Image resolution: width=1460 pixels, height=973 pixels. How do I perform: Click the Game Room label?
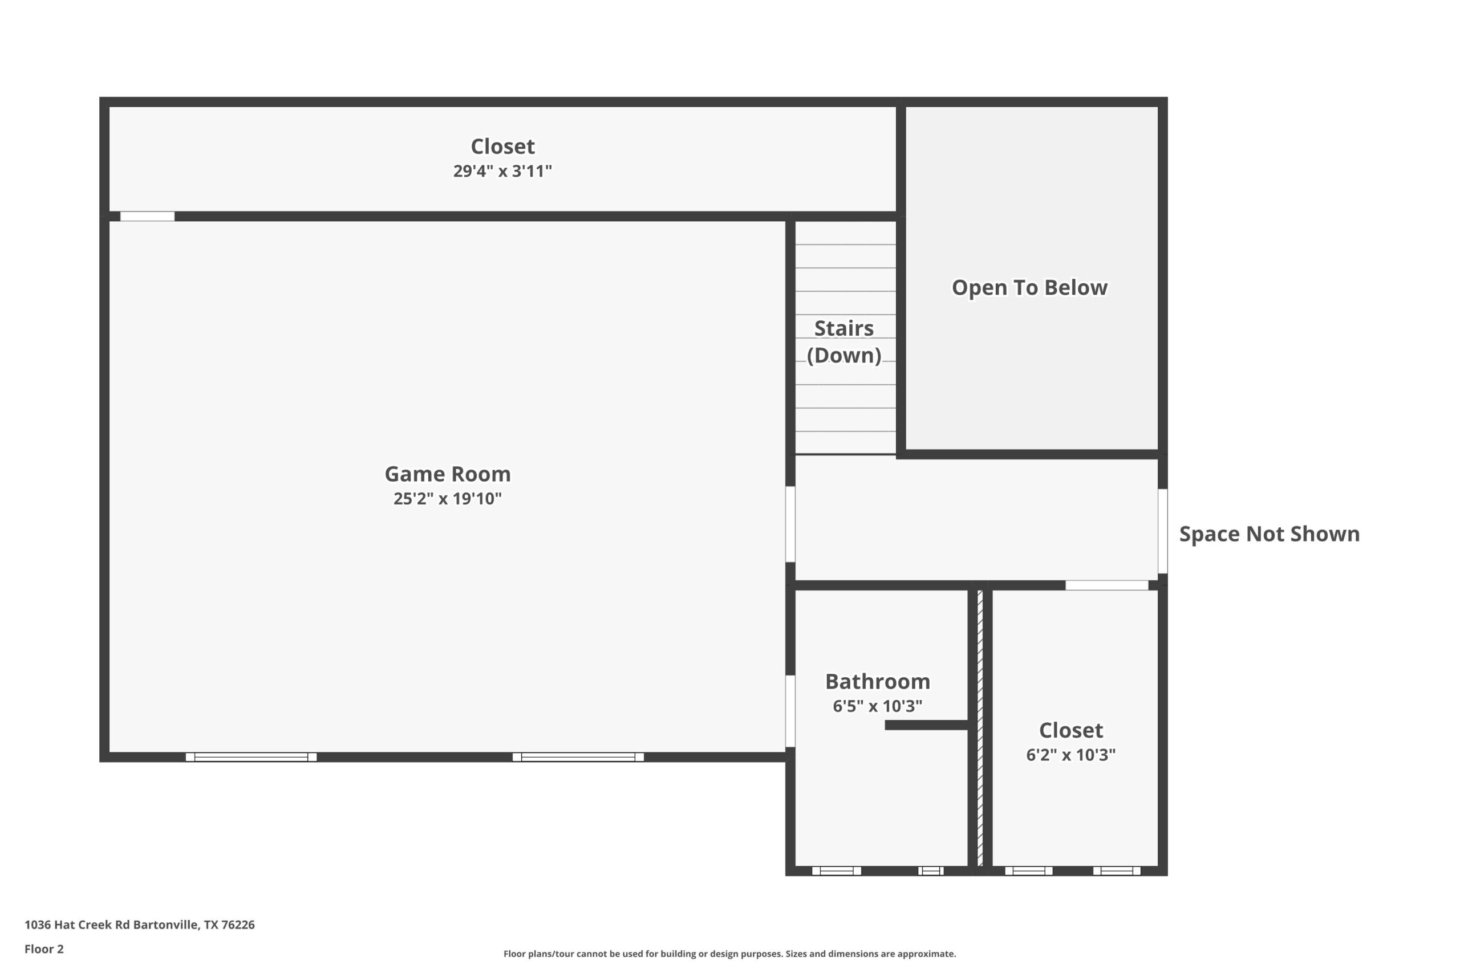[x=448, y=474]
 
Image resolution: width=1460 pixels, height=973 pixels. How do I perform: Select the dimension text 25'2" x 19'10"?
[x=448, y=498]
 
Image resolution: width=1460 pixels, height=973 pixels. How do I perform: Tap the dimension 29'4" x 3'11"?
[x=502, y=170]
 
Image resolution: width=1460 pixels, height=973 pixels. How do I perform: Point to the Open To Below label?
[x=1029, y=287]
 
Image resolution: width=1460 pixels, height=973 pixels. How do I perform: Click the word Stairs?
[x=843, y=328]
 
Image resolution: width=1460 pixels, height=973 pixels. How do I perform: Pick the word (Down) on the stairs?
[x=843, y=355]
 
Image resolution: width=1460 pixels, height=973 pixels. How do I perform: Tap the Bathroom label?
[x=877, y=681]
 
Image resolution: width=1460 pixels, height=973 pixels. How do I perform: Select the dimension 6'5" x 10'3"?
[x=877, y=706]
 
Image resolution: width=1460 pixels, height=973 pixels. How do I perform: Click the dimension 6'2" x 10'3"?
[x=1071, y=755]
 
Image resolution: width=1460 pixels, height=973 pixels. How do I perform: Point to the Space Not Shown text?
[x=1270, y=534]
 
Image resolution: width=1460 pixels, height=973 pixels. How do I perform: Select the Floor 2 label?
[x=44, y=949]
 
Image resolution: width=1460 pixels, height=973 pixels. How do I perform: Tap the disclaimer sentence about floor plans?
[x=729, y=954]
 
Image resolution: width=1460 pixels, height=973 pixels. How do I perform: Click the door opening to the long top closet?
[x=147, y=216]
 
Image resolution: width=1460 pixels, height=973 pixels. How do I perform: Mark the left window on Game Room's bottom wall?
[x=252, y=757]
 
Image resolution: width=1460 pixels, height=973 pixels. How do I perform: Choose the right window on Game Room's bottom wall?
[x=578, y=757]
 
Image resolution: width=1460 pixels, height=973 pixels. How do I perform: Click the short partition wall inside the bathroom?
[x=926, y=725]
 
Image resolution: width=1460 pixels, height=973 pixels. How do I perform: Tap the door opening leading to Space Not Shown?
[x=1163, y=531]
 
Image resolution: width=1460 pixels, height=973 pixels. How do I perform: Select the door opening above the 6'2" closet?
[x=1107, y=585]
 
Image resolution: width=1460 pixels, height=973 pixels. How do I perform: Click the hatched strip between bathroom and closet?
[x=980, y=728]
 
